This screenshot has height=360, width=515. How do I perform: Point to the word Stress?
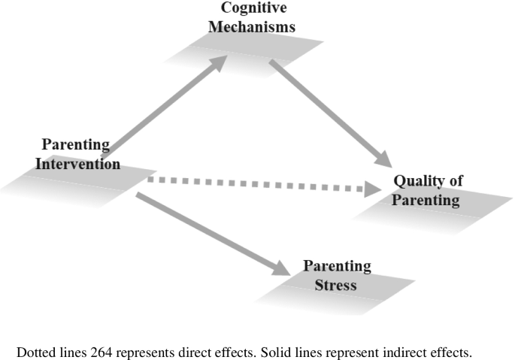(336, 285)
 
